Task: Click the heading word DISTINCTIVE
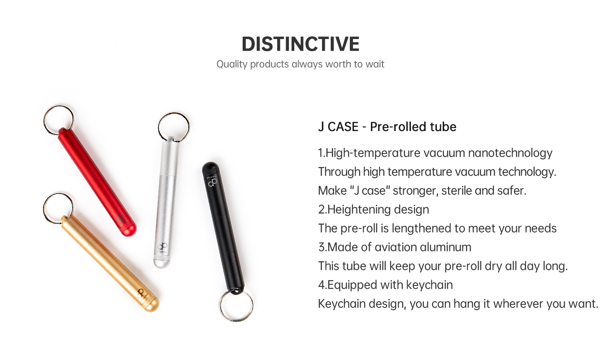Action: [x=300, y=44]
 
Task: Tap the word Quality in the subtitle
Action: [x=232, y=65]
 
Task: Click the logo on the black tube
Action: [x=213, y=182]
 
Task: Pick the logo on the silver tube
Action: [x=162, y=247]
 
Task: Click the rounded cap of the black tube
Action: [x=210, y=168]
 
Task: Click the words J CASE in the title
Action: [x=338, y=127]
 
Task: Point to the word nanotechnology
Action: [x=510, y=153]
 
